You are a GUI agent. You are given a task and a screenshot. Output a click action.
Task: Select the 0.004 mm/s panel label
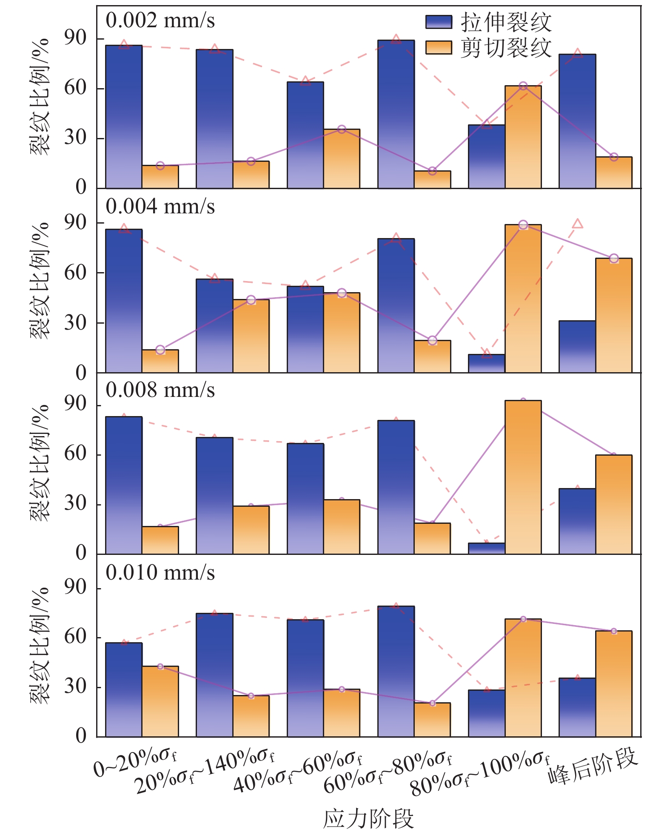(x=160, y=207)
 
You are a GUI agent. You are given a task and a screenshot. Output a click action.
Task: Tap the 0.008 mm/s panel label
(x=160, y=390)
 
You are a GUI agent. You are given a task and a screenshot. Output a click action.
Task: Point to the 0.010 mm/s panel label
(x=160, y=573)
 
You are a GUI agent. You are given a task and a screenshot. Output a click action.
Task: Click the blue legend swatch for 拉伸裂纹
(x=439, y=22)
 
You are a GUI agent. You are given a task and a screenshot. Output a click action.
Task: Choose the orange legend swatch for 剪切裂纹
(x=439, y=48)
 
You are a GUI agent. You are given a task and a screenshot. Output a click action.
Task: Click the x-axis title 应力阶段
(x=368, y=818)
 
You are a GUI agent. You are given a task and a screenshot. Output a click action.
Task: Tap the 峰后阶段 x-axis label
(x=593, y=767)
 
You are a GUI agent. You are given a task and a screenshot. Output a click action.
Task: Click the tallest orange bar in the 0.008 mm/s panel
(x=523, y=477)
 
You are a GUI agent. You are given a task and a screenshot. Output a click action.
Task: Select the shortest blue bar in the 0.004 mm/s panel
(x=487, y=363)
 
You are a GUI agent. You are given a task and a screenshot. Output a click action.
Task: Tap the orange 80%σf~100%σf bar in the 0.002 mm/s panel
(x=523, y=137)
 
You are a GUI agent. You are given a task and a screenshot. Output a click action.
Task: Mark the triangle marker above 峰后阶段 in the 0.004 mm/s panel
(x=577, y=224)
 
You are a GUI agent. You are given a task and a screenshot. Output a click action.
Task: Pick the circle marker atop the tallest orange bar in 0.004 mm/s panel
(x=523, y=224)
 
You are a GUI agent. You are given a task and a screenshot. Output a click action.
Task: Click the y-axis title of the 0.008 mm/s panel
(x=39, y=463)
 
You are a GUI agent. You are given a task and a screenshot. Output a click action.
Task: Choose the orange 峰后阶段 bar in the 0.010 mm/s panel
(x=613, y=684)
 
